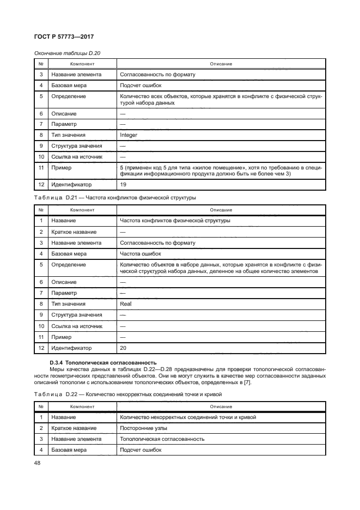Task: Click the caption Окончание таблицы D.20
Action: [67, 53]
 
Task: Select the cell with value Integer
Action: [129, 135]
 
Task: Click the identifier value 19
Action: [123, 185]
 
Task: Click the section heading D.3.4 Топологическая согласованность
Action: [103, 362]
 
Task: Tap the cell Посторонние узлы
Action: [141, 428]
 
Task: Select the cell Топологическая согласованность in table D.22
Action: [162, 439]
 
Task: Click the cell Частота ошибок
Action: [139, 253]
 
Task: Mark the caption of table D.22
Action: [127, 394]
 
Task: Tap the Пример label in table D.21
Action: [62, 337]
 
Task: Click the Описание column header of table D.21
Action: [221, 210]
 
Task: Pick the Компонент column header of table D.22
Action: [82, 406]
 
